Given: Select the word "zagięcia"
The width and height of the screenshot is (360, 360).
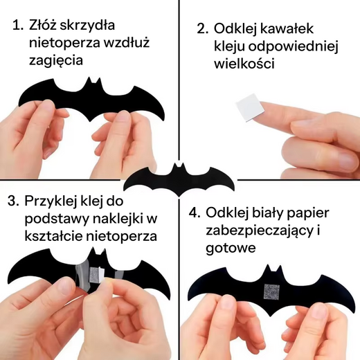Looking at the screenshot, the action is tap(56, 61).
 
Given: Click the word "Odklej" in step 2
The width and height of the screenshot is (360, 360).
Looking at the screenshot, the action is tap(235, 28).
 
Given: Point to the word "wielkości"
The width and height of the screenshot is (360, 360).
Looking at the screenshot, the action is tap(244, 63).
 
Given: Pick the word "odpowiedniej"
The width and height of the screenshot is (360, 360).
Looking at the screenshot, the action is tap(294, 47).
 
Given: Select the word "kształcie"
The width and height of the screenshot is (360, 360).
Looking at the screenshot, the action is tap(53, 235).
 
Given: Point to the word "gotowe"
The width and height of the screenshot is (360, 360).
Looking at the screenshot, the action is tap(231, 248).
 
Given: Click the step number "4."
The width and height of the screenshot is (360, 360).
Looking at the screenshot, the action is tap(195, 213).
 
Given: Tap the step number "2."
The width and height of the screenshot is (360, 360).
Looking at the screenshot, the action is tap(202, 28).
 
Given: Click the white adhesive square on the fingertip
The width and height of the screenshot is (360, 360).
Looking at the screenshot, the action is tap(250, 108).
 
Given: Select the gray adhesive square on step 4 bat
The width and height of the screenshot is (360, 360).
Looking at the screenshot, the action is tap(273, 293).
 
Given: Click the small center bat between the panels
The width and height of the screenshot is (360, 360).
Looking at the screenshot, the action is tap(179, 181).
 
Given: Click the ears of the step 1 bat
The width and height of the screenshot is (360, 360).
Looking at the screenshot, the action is tap(93, 82).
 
